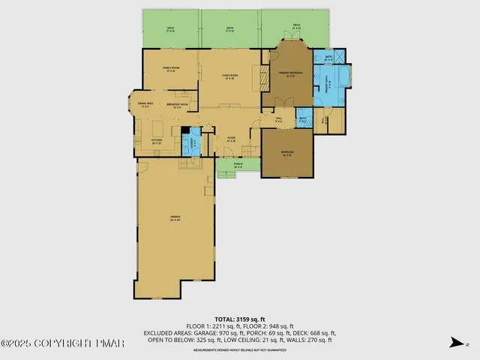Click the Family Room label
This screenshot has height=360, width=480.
(x=169, y=69)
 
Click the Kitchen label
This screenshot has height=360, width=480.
(x=157, y=141)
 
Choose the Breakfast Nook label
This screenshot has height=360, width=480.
(x=177, y=106)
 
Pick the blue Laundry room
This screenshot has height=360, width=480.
(x=193, y=142)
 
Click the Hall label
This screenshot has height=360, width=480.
(x=278, y=119)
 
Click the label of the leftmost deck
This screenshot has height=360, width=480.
(x=170, y=29)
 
